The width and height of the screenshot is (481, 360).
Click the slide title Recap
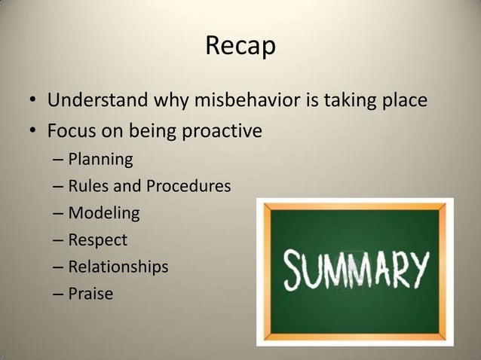click(240, 47)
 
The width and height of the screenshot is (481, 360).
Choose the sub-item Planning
click(100, 160)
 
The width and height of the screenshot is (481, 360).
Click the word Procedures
click(188, 186)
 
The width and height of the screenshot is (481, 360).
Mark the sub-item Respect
click(98, 240)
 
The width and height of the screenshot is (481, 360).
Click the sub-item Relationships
click(118, 267)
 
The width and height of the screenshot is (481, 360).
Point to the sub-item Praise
click(90, 294)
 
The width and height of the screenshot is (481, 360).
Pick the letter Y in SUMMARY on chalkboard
click(416, 266)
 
